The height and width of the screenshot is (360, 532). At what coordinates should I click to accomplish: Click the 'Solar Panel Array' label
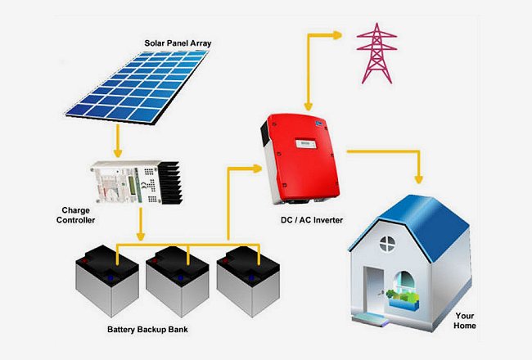(x=178, y=43)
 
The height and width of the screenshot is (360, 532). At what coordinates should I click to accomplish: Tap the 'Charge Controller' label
(x=75, y=215)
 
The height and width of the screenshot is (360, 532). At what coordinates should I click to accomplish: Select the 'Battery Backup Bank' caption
(x=147, y=329)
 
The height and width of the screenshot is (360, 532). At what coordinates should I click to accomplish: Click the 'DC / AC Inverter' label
(x=312, y=220)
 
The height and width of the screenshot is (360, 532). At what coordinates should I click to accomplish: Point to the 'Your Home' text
(x=465, y=321)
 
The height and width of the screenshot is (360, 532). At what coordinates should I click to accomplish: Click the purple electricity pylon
(x=376, y=53)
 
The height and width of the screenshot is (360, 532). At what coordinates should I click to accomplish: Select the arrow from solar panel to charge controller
(x=118, y=141)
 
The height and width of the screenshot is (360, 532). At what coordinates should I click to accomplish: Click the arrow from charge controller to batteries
(x=141, y=224)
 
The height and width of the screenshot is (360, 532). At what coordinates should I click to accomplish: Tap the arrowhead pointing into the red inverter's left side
(x=258, y=169)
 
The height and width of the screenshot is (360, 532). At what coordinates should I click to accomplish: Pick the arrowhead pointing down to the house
(x=419, y=179)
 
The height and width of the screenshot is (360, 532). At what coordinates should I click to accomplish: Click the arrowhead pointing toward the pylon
(x=337, y=35)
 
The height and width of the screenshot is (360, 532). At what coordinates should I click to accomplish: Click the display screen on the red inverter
(x=306, y=144)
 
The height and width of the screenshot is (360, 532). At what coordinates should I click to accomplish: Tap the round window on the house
(x=387, y=244)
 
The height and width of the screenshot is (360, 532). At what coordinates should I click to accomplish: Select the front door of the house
(x=373, y=291)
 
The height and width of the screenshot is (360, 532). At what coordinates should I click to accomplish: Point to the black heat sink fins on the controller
(x=170, y=182)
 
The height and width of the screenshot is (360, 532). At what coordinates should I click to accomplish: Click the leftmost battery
(x=107, y=281)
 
